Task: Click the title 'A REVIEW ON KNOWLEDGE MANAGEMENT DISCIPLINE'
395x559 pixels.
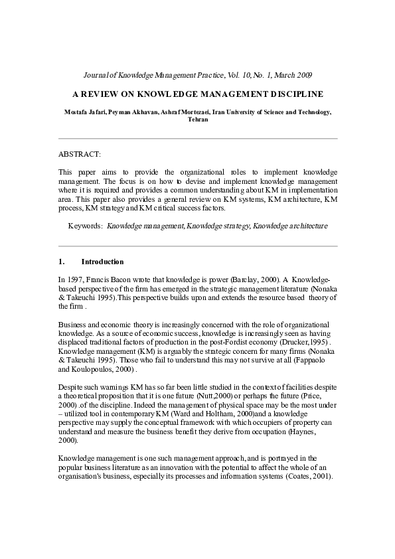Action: pyautogui.click(x=198, y=94)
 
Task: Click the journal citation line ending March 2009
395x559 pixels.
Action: pyautogui.click(x=198, y=75)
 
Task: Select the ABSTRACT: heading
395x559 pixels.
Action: pyautogui.click(x=80, y=154)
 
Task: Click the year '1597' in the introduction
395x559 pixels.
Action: pyautogui.click(x=78, y=280)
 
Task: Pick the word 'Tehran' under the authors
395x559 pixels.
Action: pyautogui.click(x=198, y=120)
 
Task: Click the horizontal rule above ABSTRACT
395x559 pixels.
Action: pyautogui.click(x=198, y=139)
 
